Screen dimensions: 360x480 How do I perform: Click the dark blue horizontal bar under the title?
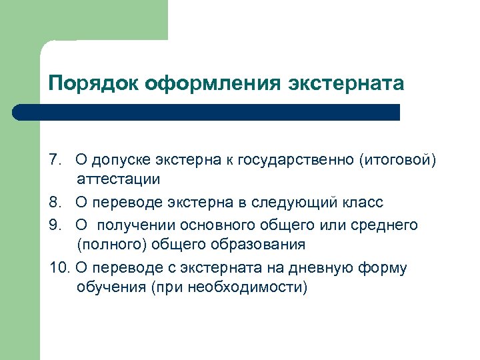(x=207, y=112)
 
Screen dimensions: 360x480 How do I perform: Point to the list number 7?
(x=55, y=160)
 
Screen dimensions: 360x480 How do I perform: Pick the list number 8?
(x=55, y=202)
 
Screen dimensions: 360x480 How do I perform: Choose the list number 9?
(x=55, y=225)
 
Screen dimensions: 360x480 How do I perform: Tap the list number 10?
(x=59, y=267)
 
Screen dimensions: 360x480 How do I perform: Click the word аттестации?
(x=118, y=179)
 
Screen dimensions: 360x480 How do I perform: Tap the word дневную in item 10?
(x=321, y=267)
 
